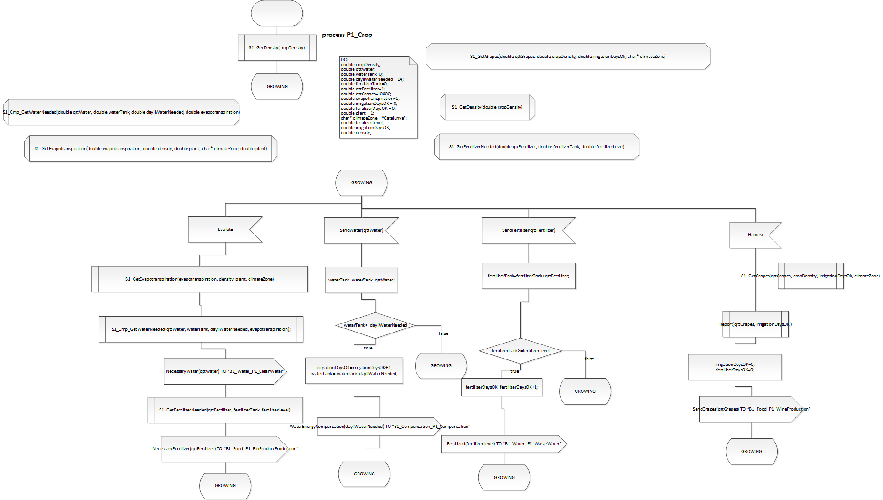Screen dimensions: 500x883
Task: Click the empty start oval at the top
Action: click(x=277, y=13)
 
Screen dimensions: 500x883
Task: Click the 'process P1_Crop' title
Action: click(x=347, y=35)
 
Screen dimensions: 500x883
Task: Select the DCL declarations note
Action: click(x=378, y=97)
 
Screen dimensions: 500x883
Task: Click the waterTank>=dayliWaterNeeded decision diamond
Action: click(x=375, y=325)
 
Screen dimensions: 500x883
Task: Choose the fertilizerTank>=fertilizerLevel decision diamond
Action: click(x=520, y=351)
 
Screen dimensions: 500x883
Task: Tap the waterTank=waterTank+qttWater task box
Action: click(x=361, y=280)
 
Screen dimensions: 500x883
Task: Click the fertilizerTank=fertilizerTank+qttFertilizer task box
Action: click(x=528, y=276)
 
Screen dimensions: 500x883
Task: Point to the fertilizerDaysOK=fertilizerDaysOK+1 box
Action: click(x=501, y=387)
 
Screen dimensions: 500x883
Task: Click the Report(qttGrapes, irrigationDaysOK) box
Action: click(x=755, y=324)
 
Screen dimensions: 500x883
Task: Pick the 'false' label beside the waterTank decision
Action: click(x=443, y=333)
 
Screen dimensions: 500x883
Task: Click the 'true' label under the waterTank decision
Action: click(x=368, y=348)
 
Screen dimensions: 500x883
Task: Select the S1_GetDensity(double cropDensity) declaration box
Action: click(x=487, y=107)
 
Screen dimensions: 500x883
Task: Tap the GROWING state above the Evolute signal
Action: click(x=361, y=183)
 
